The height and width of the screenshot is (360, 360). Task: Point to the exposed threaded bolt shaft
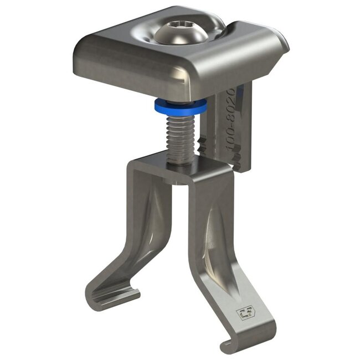(x=181, y=136)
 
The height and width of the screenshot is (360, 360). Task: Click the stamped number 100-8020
(x=231, y=121)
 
